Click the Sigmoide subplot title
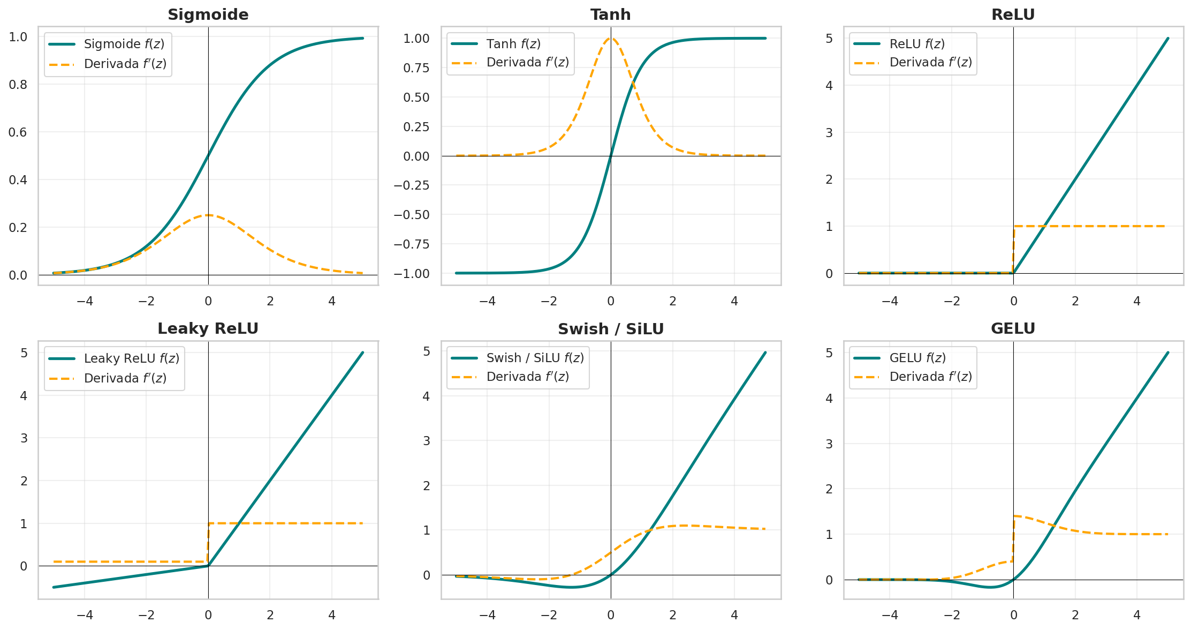(x=208, y=14)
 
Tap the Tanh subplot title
(x=611, y=14)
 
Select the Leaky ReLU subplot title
(x=208, y=328)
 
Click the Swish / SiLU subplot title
(x=611, y=329)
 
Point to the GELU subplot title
(x=1013, y=328)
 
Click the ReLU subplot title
(x=1013, y=14)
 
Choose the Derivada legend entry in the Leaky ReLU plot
(x=108, y=378)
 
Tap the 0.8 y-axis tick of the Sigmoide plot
(x=18, y=85)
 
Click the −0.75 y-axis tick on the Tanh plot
(x=412, y=244)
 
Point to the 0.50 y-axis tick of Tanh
(x=416, y=97)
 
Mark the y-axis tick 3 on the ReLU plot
(x=829, y=132)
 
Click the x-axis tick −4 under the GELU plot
(x=890, y=615)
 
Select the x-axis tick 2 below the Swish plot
(x=673, y=615)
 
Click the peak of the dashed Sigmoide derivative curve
(x=208, y=215)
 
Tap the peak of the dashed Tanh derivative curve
(x=611, y=38)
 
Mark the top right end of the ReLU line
(x=1168, y=38)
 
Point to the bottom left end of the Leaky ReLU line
(x=54, y=587)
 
